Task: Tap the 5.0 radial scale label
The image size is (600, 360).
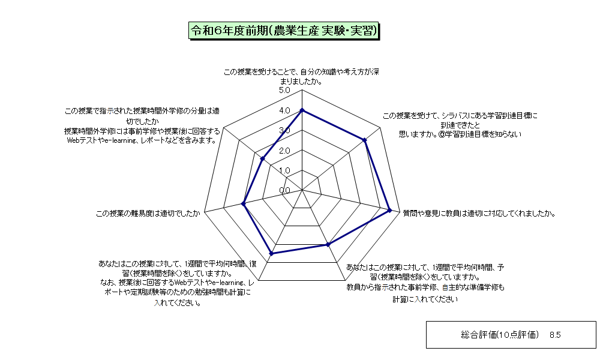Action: [x=284, y=91]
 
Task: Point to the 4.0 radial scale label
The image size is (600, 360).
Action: [x=284, y=110]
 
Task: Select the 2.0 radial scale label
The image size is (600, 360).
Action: [x=284, y=151]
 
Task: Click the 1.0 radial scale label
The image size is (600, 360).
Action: [x=284, y=170]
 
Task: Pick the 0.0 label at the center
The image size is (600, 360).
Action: [x=284, y=191]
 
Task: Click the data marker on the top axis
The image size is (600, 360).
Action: [x=302, y=110]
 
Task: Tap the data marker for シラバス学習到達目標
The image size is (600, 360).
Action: [x=365, y=140]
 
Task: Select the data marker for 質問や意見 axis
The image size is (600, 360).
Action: [x=390, y=210]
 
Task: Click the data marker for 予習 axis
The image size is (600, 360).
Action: [x=328, y=244]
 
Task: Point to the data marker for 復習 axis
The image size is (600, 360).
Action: [x=272, y=253]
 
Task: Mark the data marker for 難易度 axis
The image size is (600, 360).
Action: [x=244, y=204]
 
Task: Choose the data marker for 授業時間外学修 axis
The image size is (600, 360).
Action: [x=263, y=158]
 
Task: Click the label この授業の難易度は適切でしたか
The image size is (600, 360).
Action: [x=148, y=214]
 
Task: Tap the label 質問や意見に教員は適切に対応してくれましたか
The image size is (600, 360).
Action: [x=479, y=214]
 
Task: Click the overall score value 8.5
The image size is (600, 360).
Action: [x=555, y=335]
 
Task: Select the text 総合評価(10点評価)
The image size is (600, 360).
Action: [x=500, y=335]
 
